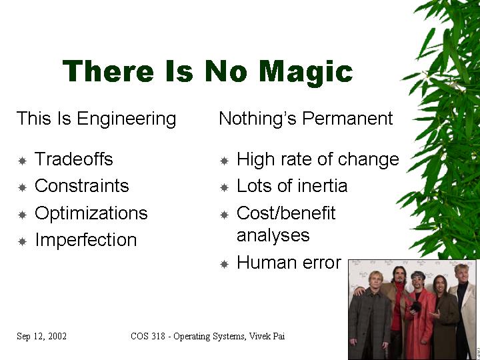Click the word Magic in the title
coord(306,71)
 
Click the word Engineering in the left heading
coord(127,119)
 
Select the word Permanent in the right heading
coord(347,118)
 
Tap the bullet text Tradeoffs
coord(74,159)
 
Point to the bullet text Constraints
coord(82,185)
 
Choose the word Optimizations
coord(91,213)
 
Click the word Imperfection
coord(86,239)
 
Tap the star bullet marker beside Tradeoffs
coord(23,161)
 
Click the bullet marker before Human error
coord(225,264)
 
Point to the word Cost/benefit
coord(286,213)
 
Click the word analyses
coord(273,236)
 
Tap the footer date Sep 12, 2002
coord(41,336)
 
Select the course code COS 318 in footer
coord(148,336)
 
